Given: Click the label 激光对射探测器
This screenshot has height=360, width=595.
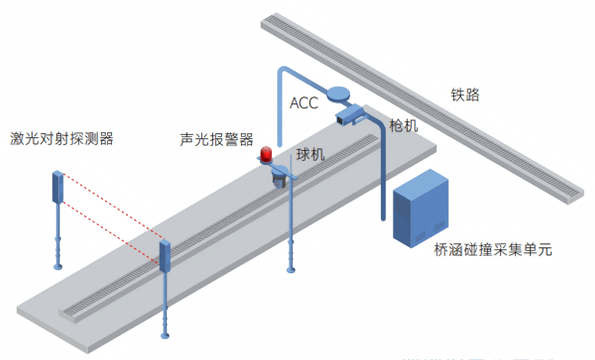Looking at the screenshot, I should tap(62, 139).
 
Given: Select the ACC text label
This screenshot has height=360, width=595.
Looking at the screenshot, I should tap(303, 102).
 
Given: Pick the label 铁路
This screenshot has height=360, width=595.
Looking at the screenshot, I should tap(465, 95).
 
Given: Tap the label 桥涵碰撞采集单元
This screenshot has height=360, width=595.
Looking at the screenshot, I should tap(493, 249).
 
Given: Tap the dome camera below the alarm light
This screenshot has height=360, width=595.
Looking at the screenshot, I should tap(278, 179).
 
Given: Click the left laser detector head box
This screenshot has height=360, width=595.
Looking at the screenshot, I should tap(58, 187).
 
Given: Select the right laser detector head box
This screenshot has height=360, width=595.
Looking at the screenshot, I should tap(165, 257).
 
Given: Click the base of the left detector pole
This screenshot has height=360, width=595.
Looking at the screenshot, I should tap(58, 266).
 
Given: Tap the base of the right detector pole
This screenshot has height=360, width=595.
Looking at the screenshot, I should tap(165, 336).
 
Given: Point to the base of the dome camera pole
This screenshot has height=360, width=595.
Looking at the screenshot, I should tap(291, 271).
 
